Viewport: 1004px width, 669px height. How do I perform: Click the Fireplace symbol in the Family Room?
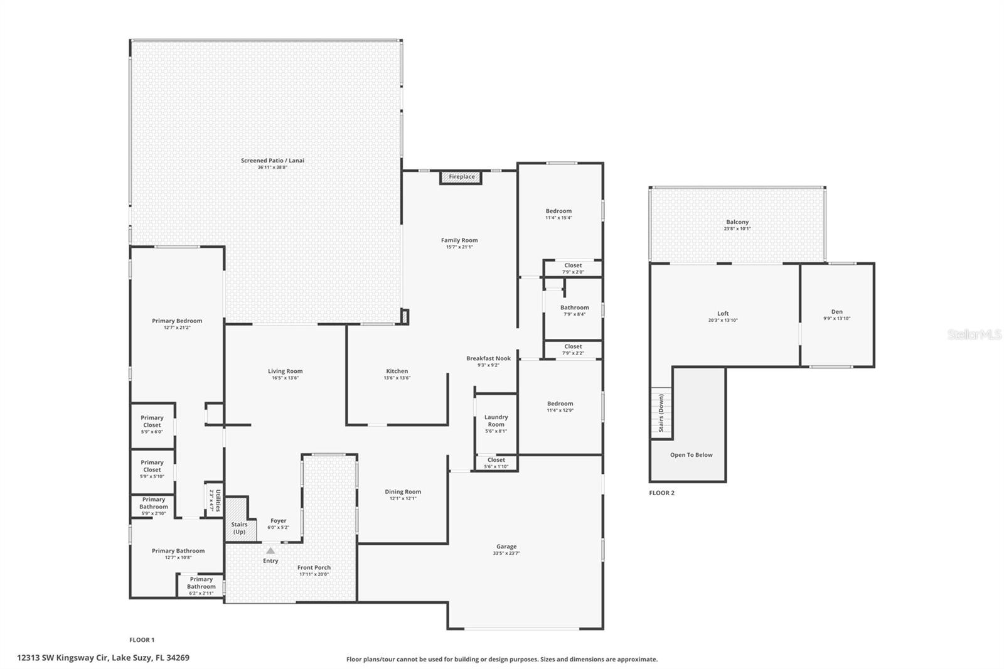tap(461, 177)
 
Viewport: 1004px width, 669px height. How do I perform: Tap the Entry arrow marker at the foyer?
tap(270, 551)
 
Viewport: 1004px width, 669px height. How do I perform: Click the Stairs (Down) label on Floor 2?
tap(661, 413)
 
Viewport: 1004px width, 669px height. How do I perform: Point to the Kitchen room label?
tap(397, 371)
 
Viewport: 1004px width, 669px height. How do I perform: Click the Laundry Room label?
tap(496, 420)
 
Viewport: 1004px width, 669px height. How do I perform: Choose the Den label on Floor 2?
tap(836, 311)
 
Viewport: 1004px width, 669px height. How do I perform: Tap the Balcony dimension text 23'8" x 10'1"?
tap(737, 229)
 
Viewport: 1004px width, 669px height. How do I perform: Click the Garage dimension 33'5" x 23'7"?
tap(506, 554)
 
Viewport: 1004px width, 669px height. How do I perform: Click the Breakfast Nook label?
tap(488, 358)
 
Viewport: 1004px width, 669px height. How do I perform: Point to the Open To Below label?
tap(691, 455)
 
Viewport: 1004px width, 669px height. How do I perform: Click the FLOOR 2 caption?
tap(661, 493)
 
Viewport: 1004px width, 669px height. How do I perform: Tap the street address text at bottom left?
tap(104, 658)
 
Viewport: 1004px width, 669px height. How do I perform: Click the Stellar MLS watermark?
tap(974, 335)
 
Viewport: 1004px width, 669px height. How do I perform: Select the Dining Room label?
tap(403, 492)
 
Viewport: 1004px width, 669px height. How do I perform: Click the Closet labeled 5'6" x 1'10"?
tap(496, 463)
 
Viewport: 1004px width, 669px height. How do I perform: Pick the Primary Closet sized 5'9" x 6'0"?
tap(152, 424)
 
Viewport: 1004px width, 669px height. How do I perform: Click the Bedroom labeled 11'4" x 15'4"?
tap(558, 214)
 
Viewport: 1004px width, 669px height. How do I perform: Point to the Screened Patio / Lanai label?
tap(272, 161)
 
